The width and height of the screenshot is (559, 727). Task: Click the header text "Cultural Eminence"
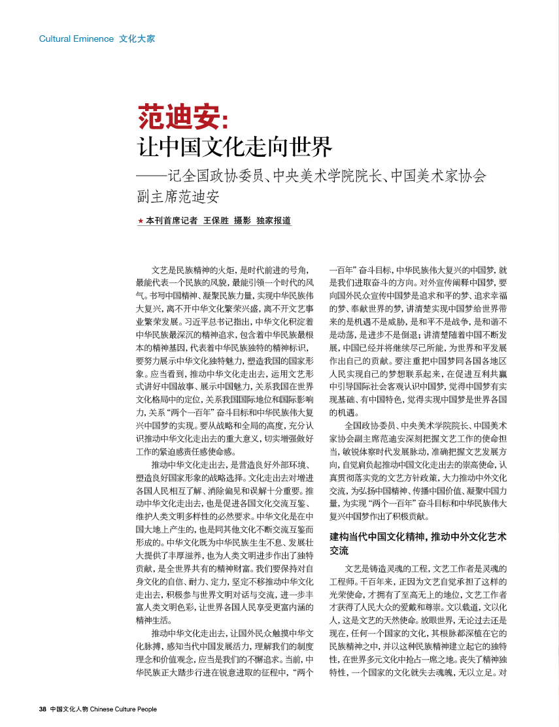pos(76,39)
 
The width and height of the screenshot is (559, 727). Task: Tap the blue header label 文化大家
pos(137,39)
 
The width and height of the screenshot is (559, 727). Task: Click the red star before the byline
pos(140,221)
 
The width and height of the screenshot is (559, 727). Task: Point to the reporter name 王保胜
pos(218,221)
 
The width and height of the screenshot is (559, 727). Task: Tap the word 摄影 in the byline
pos(243,221)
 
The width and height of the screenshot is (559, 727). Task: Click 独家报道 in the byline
pos(273,221)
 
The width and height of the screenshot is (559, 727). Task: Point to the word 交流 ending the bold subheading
pos(339,551)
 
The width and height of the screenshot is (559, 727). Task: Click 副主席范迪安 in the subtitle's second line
pos(177,195)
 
